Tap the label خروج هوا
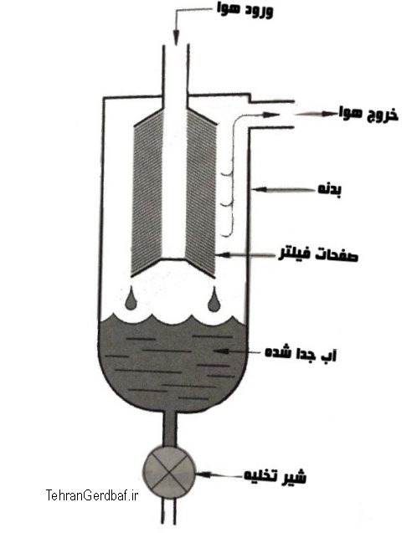(x=368, y=114)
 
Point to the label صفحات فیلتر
(x=318, y=254)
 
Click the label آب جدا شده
(x=301, y=353)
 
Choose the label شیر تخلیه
(x=275, y=475)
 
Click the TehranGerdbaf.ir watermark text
(x=92, y=495)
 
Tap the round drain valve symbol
(x=169, y=474)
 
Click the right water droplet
(x=214, y=300)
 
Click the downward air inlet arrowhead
(x=176, y=38)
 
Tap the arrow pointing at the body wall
(x=285, y=189)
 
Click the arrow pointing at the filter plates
(x=247, y=254)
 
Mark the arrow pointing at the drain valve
(x=219, y=474)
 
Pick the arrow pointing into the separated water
(x=238, y=351)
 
